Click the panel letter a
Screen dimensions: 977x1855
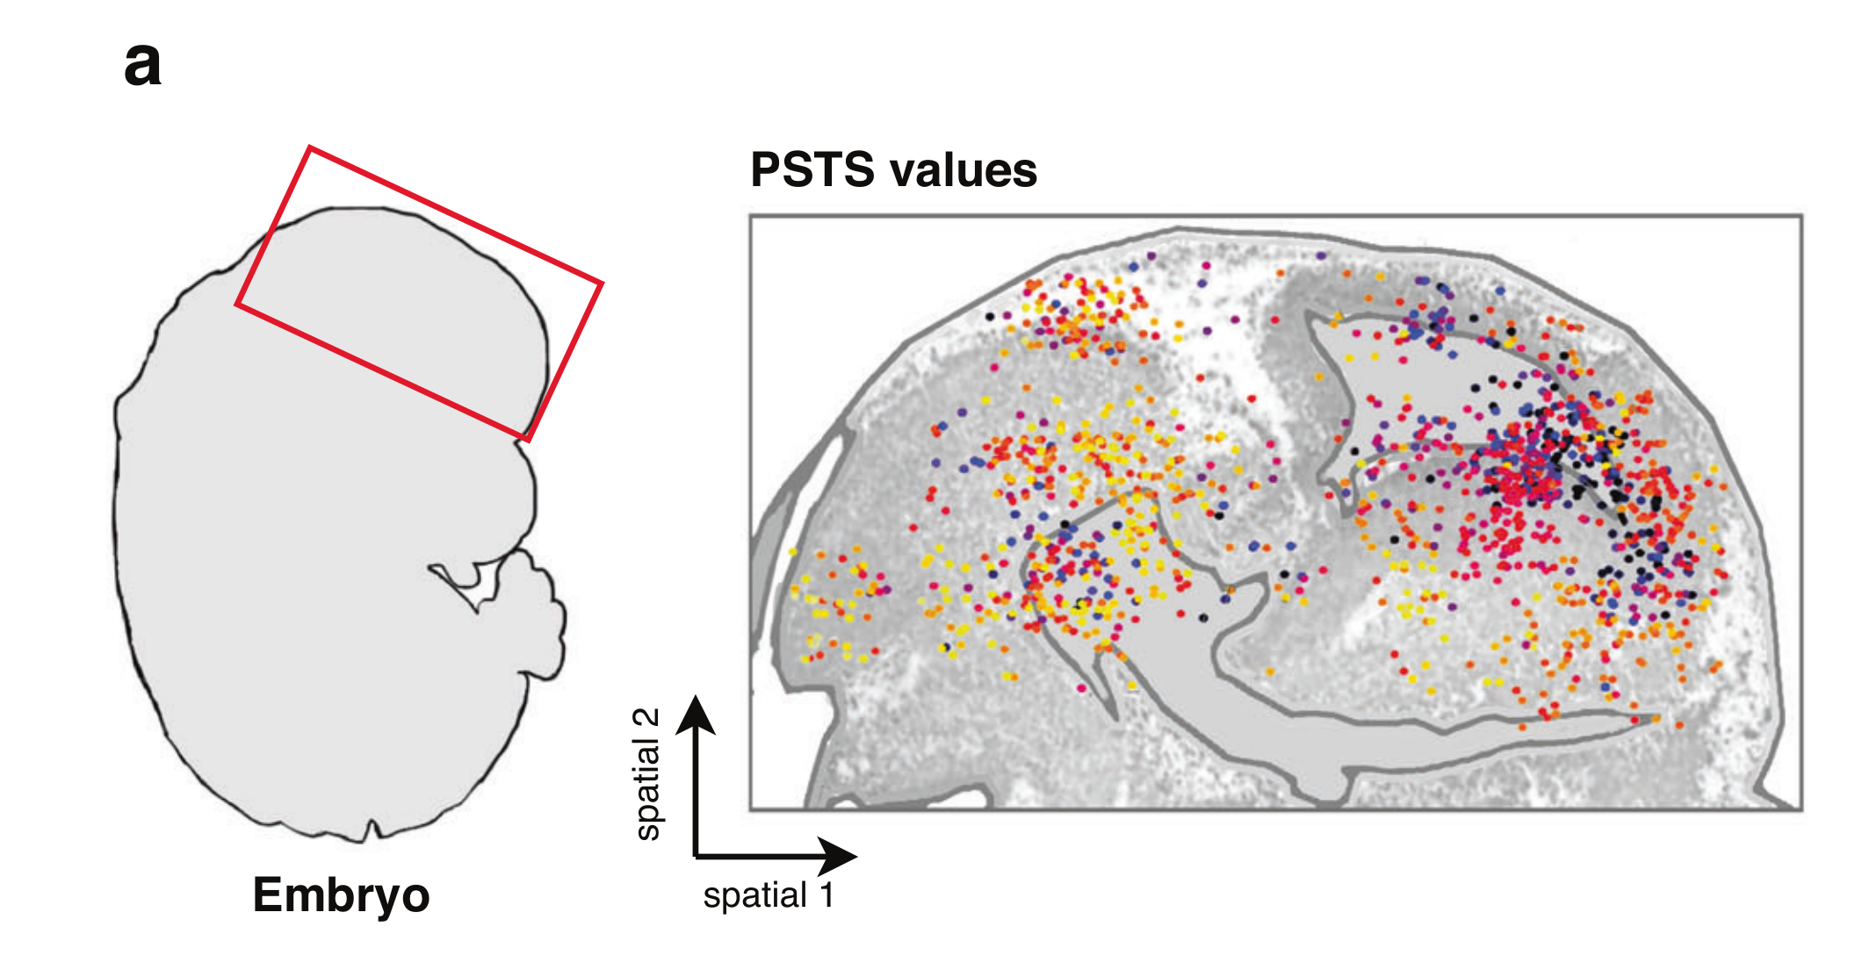pyautogui.click(x=143, y=67)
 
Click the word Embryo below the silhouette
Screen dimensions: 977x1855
pyautogui.click(x=341, y=895)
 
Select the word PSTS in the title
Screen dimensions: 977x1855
pyautogui.click(x=812, y=169)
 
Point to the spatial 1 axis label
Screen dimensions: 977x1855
pyautogui.click(x=768, y=895)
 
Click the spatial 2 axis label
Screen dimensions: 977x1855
pyautogui.click(x=647, y=773)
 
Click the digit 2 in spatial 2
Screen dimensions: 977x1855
pyautogui.click(x=647, y=718)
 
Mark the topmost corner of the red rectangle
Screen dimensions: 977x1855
pyautogui.click(x=309, y=148)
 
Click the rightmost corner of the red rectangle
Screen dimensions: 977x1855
pyautogui.click(x=602, y=284)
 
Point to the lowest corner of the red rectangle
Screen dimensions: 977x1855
pyautogui.click(x=528, y=439)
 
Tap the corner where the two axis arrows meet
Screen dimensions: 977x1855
pyautogui.click(x=696, y=854)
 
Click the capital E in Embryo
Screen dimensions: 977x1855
pyautogui.click(x=267, y=895)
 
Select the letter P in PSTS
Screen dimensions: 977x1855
pyautogui.click(x=764, y=169)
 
